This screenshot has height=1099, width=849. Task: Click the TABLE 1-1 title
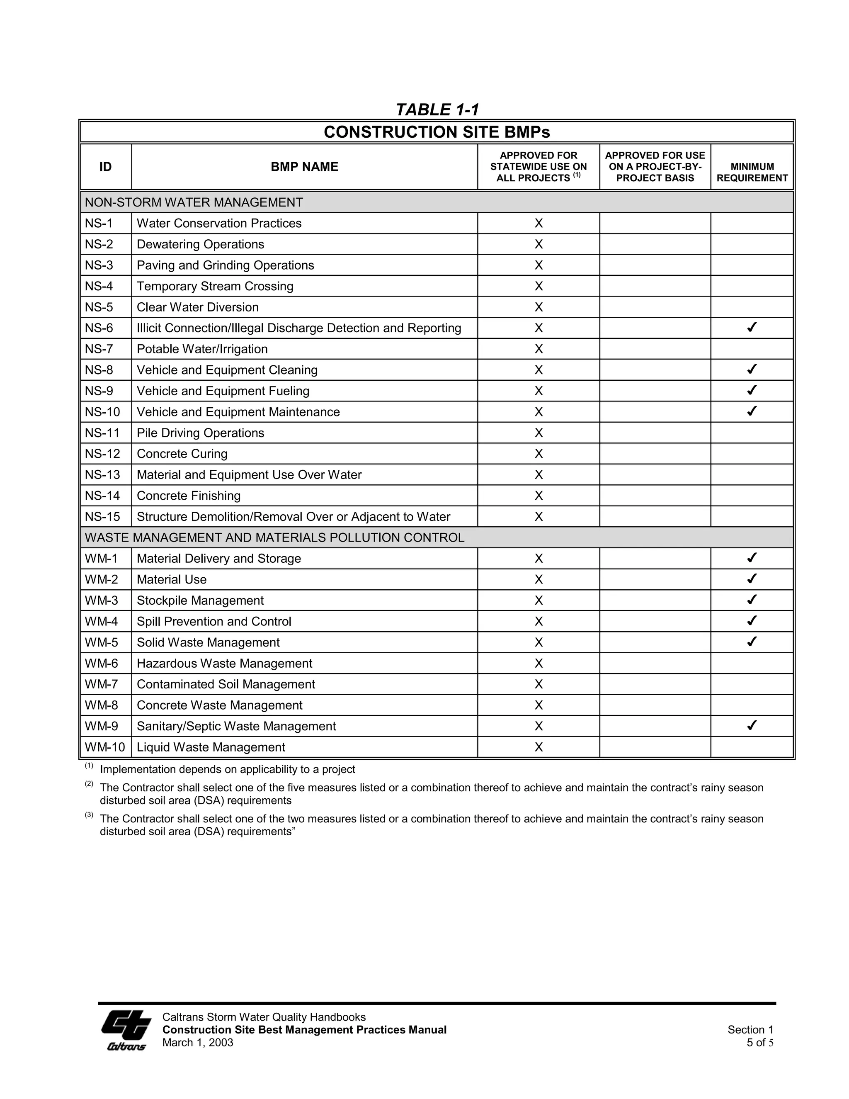(x=437, y=109)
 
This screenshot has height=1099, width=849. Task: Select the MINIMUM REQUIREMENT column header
(x=752, y=172)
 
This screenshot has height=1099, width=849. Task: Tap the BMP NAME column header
(x=304, y=167)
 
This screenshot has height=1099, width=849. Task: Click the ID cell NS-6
(x=99, y=328)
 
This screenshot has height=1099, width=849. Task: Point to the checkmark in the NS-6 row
(x=752, y=328)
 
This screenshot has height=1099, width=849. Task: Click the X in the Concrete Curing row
(x=538, y=454)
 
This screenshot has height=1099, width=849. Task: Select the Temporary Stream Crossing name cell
(x=215, y=286)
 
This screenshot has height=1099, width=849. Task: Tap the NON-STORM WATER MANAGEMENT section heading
(x=194, y=202)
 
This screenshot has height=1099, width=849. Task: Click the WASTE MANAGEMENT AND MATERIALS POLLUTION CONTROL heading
(x=274, y=537)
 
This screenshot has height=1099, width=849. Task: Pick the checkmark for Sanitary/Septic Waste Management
(x=752, y=726)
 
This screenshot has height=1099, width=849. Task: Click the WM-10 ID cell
(x=104, y=747)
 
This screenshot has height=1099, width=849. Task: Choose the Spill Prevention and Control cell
(x=214, y=622)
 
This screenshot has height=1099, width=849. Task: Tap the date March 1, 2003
(x=198, y=1043)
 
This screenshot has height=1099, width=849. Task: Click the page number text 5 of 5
(x=759, y=1043)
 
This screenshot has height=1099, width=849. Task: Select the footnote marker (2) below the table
(x=89, y=784)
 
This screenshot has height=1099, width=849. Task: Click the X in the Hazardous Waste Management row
(x=538, y=663)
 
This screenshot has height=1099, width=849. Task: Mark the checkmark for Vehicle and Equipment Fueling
(x=752, y=391)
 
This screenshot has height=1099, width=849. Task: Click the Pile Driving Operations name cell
(x=200, y=433)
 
